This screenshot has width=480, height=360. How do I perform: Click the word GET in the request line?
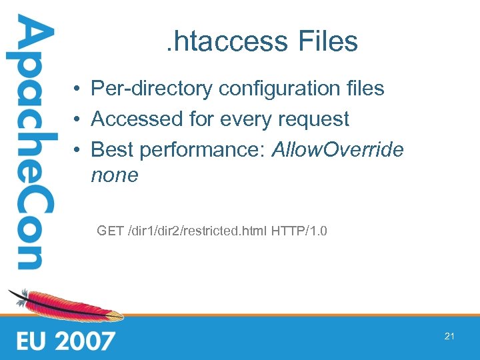(109, 232)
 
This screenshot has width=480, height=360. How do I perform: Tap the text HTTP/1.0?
(299, 232)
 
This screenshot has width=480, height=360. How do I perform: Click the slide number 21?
(449, 337)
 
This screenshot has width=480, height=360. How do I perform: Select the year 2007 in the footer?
(85, 341)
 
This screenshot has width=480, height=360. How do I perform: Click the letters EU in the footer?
(31, 341)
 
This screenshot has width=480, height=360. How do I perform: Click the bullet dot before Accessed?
(78, 120)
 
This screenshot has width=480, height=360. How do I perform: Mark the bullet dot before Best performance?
(78, 151)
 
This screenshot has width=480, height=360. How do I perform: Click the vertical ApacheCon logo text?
(31, 143)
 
